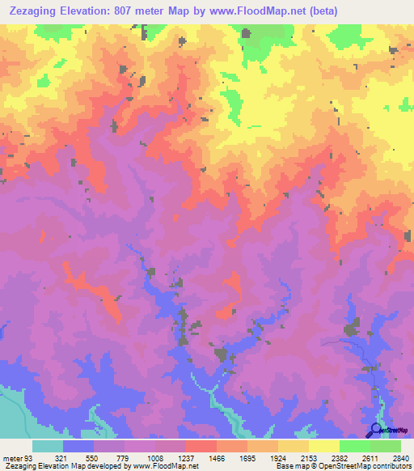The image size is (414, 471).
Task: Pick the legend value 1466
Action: tap(216, 457)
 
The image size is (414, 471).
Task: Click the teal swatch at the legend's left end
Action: tap(48, 446)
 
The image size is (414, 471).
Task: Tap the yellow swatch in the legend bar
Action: tap(323, 446)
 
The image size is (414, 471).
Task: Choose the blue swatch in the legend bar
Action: tap(78, 446)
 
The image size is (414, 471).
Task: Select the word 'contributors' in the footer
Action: tap(388, 466)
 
